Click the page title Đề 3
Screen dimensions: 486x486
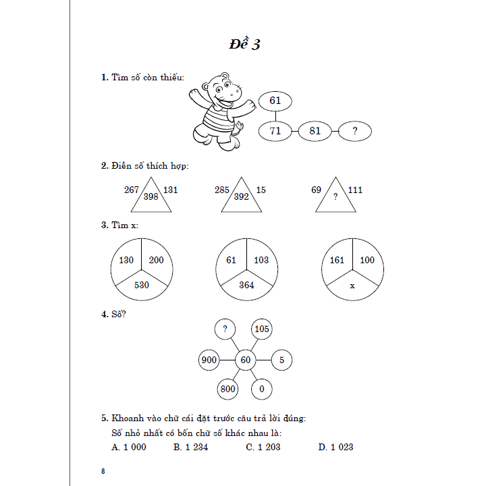click(x=244, y=45)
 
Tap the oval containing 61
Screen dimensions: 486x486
click(x=275, y=101)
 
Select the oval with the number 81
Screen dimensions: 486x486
click(x=315, y=131)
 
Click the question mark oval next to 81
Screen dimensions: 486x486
click(x=354, y=131)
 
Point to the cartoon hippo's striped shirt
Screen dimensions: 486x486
click(x=217, y=122)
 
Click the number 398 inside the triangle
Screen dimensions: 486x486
click(x=151, y=197)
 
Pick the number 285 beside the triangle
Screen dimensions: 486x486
click(x=222, y=190)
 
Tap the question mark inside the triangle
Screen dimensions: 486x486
click(x=335, y=198)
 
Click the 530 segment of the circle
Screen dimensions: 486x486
click(x=141, y=285)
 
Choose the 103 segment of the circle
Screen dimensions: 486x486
click(x=261, y=260)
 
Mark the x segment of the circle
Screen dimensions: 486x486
click(x=352, y=286)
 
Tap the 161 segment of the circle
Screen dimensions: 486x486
click(x=336, y=260)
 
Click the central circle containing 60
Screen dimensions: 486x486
click(x=245, y=360)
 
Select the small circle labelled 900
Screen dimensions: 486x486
click(x=209, y=360)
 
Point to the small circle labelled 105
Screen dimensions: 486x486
click(x=262, y=329)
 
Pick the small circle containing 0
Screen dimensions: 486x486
click(x=261, y=389)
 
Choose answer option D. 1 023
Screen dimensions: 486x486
click(x=335, y=447)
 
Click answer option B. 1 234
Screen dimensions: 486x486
click(x=190, y=447)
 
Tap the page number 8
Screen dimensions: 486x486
click(x=103, y=471)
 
